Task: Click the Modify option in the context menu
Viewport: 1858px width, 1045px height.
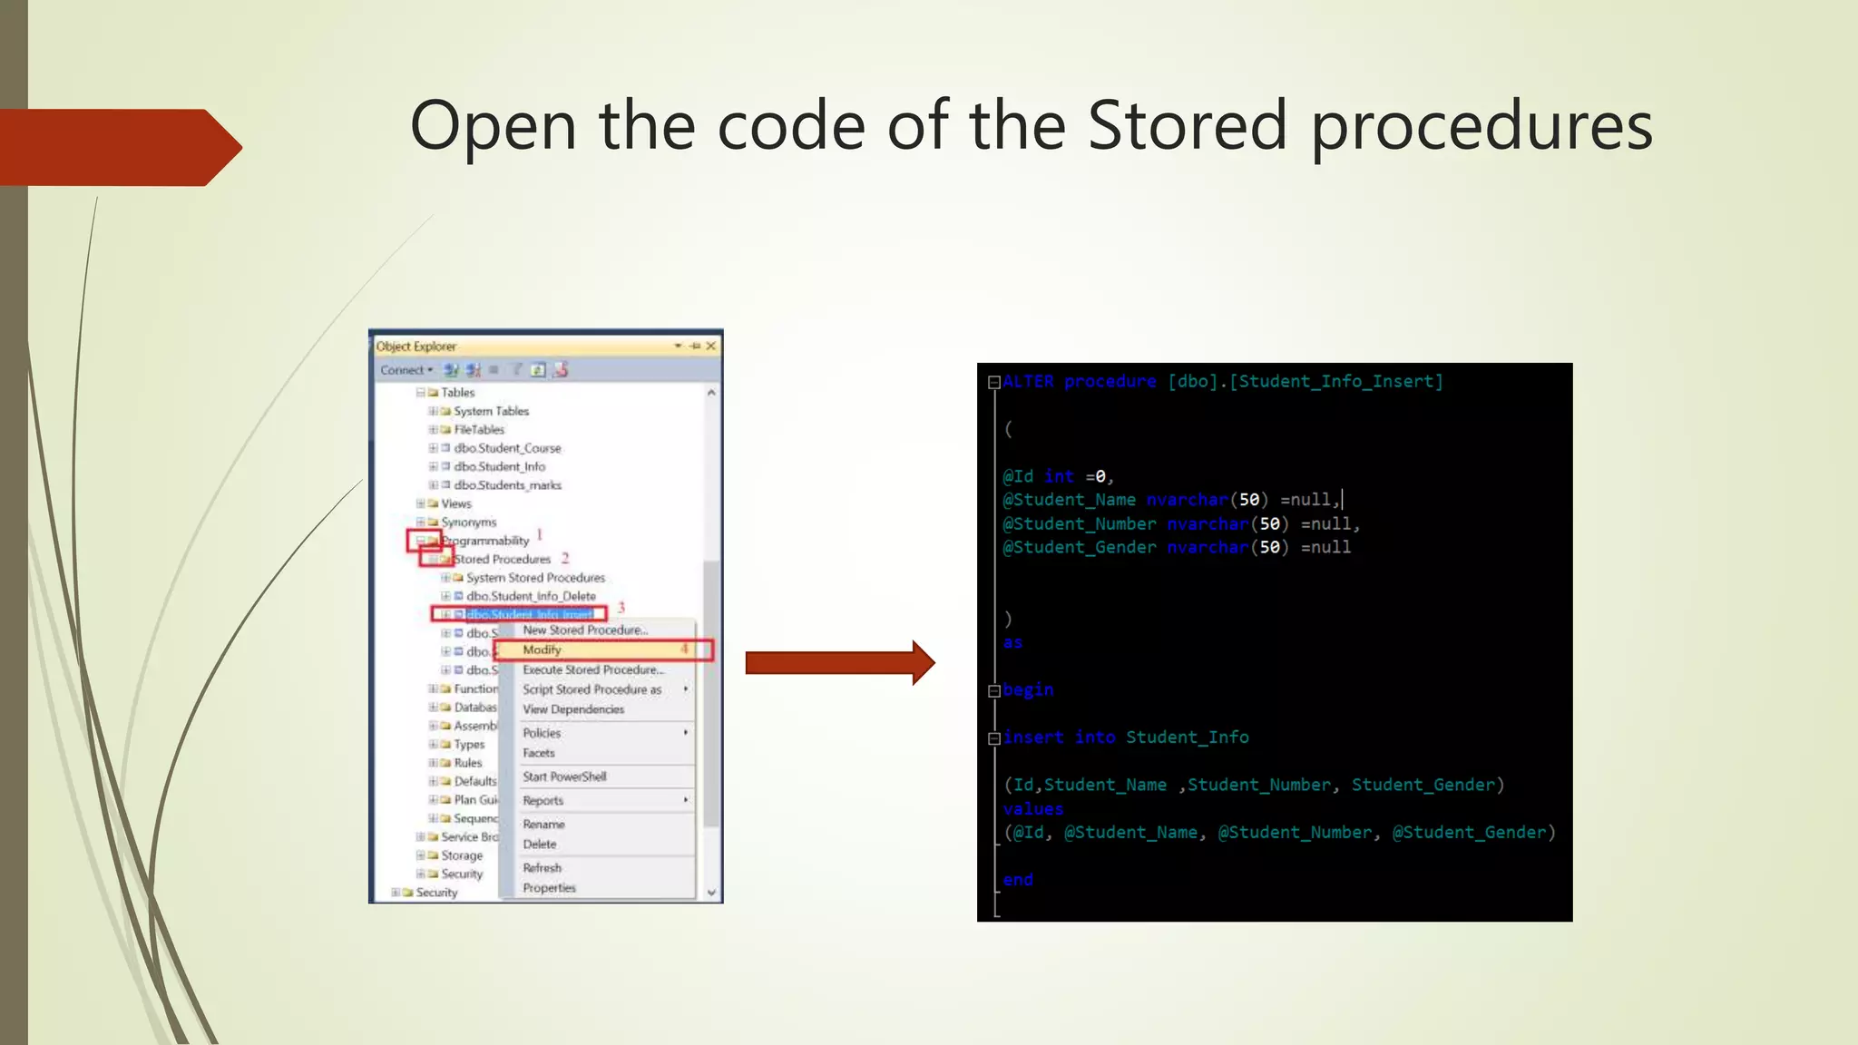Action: tap(543, 649)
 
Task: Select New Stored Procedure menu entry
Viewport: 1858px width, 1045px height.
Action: tap(584, 630)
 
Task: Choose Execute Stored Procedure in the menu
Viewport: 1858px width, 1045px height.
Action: tap(592, 669)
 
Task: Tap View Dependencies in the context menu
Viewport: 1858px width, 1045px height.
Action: tap(573, 709)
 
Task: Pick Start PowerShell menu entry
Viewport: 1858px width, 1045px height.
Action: tap(564, 776)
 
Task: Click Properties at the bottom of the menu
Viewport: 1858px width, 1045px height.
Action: tap(549, 888)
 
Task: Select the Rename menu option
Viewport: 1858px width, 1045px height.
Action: tap(543, 824)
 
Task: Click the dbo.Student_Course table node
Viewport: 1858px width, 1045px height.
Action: tap(507, 448)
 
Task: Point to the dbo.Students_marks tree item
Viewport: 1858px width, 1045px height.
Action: tap(507, 485)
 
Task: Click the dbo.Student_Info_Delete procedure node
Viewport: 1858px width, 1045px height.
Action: tap(531, 596)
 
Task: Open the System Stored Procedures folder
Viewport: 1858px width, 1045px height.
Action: tap(535, 578)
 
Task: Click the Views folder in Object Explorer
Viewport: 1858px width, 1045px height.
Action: tap(455, 503)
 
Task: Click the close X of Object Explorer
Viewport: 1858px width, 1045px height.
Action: tap(711, 346)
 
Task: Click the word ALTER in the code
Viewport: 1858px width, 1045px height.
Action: tap(1028, 382)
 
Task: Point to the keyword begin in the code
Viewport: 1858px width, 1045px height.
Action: tap(1028, 689)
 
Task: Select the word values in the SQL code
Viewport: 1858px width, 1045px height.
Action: tap(1032, 808)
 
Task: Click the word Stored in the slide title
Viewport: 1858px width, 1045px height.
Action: tap(1187, 125)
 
